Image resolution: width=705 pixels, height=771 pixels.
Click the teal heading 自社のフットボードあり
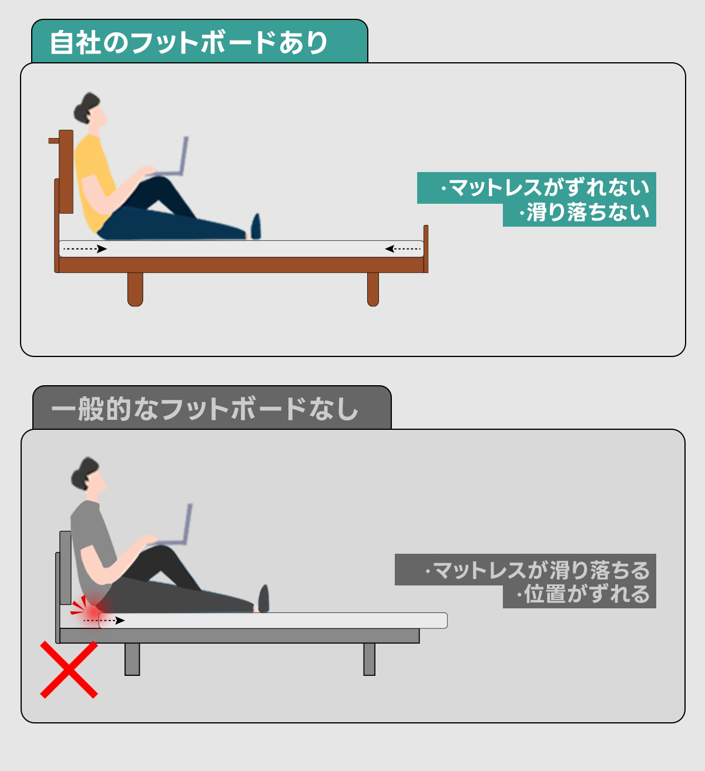click(189, 42)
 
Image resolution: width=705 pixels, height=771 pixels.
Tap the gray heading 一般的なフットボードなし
click(204, 409)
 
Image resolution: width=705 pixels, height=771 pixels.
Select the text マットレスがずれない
click(550, 187)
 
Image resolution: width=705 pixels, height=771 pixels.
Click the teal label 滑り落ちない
click(588, 212)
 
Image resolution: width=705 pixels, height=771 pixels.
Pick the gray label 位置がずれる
click(587, 594)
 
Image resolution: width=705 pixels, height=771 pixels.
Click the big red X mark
click(69, 669)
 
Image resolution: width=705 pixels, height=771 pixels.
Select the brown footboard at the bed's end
click(426, 248)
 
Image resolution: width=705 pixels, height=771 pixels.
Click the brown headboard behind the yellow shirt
click(66, 171)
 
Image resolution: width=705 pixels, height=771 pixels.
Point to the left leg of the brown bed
click(135, 289)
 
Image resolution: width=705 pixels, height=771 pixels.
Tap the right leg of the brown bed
click(373, 289)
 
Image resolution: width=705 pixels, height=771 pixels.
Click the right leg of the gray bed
click(369, 659)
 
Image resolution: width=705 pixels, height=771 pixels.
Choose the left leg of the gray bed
click(132, 659)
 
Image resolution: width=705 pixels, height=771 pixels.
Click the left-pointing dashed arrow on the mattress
click(402, 249)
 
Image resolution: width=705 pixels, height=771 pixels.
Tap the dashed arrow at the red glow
click(104, 620)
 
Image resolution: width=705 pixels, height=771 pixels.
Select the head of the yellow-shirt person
click(90, 108)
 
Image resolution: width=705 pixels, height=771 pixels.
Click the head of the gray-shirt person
click(88, 473)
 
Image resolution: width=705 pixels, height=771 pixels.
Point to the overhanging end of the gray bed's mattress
click(434, 620)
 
